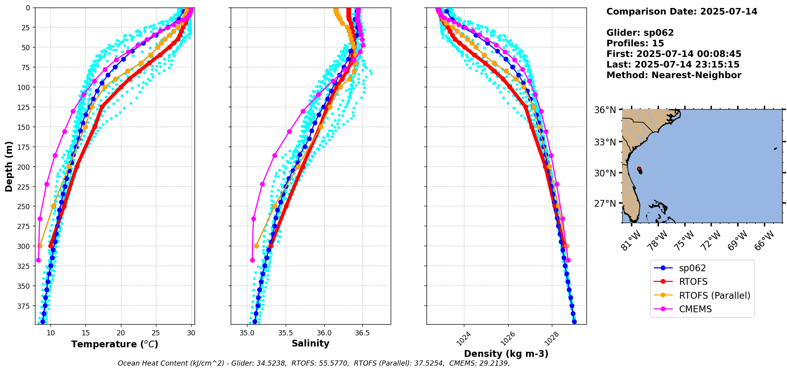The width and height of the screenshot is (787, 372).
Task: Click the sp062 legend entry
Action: [693, 268]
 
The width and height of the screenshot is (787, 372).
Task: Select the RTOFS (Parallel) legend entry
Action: [714, 296]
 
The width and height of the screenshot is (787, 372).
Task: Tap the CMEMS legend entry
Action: [695, 309]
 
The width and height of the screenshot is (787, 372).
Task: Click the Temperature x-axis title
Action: [115, 344]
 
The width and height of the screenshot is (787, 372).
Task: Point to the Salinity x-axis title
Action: [310, 343]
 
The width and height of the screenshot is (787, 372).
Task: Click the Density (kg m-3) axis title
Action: [506, 354]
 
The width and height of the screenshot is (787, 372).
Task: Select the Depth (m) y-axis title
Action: [9, 166]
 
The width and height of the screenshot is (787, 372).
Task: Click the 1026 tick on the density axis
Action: [508, 339]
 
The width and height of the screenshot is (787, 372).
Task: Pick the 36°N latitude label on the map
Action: [605, 110]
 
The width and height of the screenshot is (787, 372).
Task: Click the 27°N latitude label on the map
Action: [605, 204]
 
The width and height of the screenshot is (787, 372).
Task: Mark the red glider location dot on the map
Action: [639, 169]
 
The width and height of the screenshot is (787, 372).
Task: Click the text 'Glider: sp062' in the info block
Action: [640, 33]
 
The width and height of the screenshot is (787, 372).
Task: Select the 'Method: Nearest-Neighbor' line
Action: [674, 75]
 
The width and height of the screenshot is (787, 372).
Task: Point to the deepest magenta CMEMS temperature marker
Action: [38, 260]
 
